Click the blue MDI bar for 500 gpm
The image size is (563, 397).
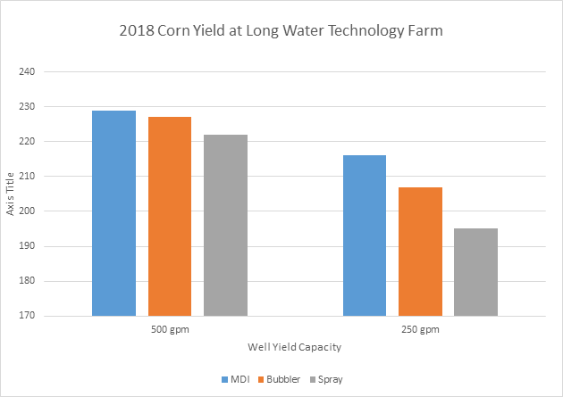(114, 213)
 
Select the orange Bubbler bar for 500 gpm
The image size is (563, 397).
(170, 216)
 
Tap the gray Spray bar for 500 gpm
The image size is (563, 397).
(225, 225)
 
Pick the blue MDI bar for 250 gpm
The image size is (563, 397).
(365, 236)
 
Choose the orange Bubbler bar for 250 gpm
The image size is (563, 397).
(420, 252)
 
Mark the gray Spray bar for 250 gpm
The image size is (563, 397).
(475, 272)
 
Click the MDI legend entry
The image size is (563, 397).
(237, 379)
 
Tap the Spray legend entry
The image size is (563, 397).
(324, 379)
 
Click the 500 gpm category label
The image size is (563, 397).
(170, 330)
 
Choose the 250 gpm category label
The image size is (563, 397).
(420, 330)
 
